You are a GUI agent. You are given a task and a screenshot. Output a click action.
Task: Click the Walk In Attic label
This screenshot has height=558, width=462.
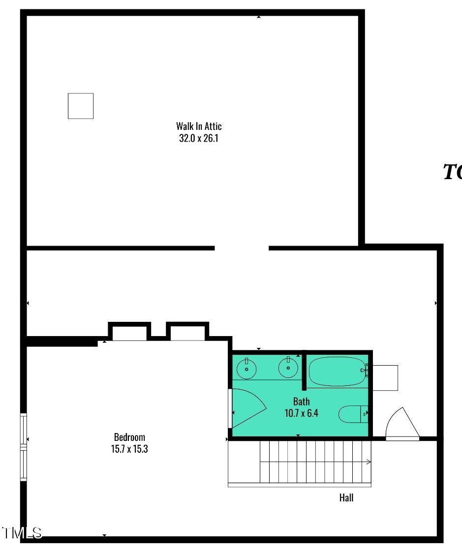[x=199, y=126]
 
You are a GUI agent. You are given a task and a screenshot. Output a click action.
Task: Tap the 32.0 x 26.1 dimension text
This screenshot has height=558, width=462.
[x=199, y=138]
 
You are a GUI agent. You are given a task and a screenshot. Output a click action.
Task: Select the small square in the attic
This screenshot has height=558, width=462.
[x=81, y=106]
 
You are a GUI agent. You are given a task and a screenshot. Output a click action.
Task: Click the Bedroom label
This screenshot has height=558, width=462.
[x=129, y=437]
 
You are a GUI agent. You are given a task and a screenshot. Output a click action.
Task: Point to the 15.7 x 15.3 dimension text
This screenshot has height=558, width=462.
[x=129, y=449]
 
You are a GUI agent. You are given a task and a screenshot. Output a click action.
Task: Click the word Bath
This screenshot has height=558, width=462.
[x=301, y=402]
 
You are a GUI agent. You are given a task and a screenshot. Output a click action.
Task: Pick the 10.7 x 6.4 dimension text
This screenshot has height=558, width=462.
[x=301, y=413]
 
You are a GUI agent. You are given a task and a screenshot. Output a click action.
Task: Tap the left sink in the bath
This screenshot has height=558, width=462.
[x=246, y=368]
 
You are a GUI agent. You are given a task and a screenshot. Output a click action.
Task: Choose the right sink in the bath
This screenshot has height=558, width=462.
[x=288, y=368]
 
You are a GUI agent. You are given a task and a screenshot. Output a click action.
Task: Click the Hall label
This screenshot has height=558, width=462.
[x=346, y=497]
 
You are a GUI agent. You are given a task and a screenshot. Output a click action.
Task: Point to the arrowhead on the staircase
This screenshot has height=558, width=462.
[x=369, y=462]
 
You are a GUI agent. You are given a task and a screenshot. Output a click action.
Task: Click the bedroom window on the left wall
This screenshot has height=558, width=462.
[x=23, y=447]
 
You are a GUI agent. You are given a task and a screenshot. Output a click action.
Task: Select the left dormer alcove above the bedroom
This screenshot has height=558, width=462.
[x=129, y=333]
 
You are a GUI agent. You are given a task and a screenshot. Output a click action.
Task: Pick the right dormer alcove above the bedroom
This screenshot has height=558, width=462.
[x=187, y=333]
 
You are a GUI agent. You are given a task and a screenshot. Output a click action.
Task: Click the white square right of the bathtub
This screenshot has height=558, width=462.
[x=385, y=377]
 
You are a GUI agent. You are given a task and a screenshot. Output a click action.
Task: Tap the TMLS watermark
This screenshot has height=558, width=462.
[x=22, y=532]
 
